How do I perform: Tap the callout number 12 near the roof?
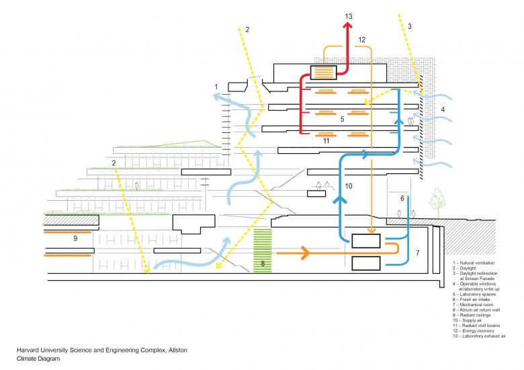pyautogui.click(x=361, y=40)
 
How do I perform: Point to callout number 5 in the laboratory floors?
pyautogui.click(x=342, y=119)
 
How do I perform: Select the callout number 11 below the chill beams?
pyautogui.click(x=326, y=141)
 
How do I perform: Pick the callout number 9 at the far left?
pyautogui.click(x=75, y=238)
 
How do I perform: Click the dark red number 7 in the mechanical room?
pyautogui.click(x=417, y=253)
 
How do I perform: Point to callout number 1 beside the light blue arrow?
pyautogui.click(x=216, y=87)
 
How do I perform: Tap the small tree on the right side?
pyautogui.click(x=439, y=199)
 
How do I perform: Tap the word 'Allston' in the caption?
pyautogui.click(x=176, y=351)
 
